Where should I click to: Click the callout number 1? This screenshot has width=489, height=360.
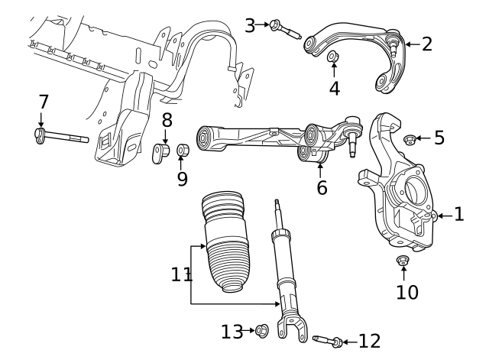pyautogui.click(x=458, y=215)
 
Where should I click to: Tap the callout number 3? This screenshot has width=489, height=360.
pyautogui.click(x=250, y=25)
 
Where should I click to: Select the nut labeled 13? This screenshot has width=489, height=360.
pyautogui.click(x=261, y=331)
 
